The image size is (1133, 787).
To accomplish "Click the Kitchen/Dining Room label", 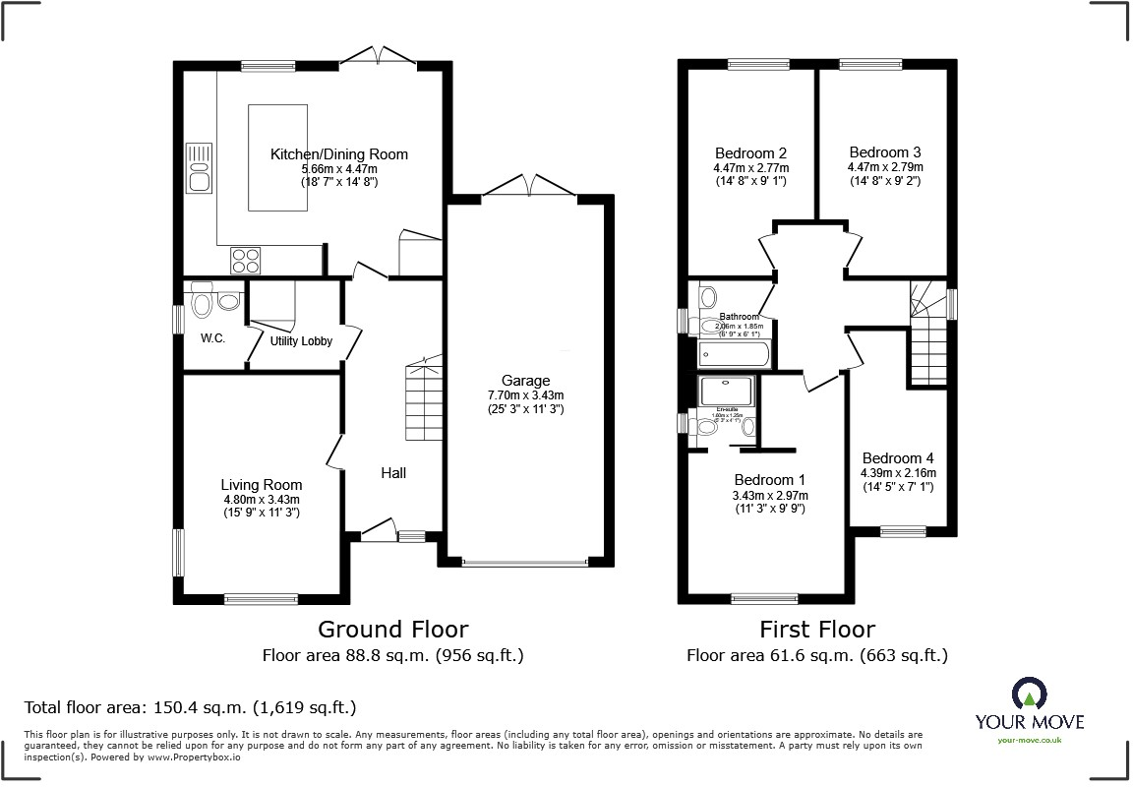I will [x=339, y=154].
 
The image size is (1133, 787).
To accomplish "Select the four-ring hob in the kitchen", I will [x=246, y=260].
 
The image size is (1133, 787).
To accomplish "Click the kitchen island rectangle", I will [x=277, y=157].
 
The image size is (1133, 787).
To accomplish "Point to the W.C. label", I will [x=213, y=338].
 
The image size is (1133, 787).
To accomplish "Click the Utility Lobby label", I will [x=301, y=341].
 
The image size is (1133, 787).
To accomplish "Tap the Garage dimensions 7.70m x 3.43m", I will [x=525, y=395].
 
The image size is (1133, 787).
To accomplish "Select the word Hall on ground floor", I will [x=393, y=473].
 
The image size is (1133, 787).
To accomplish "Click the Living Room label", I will [x=261, y=485].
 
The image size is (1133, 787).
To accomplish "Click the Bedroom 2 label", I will [x=750, y=153].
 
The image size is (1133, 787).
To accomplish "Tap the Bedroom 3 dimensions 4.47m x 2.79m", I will [x=885, y=167].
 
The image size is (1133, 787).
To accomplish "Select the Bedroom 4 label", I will [x=898, y=458].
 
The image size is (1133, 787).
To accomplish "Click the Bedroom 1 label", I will [x=770, y=479].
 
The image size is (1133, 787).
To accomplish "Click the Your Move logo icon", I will [x=1029, y=693].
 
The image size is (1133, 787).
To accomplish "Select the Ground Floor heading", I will [x=392, y=629].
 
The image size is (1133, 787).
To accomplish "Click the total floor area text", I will [x=190, y=707].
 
